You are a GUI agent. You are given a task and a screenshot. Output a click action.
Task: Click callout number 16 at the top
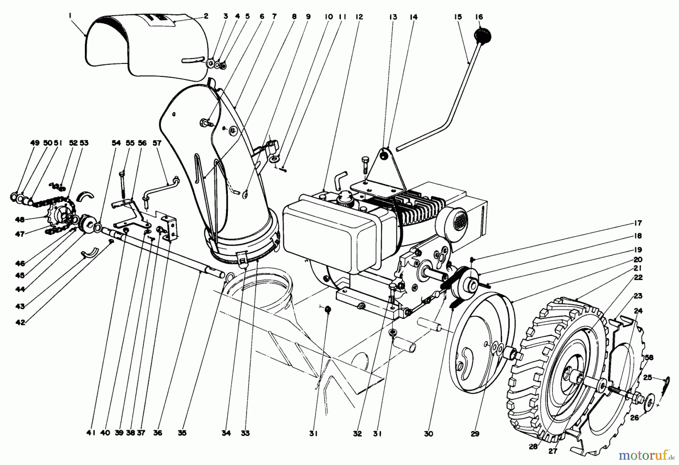tap(479, 17)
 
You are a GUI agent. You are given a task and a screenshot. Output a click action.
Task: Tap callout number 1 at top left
tap(70, 15)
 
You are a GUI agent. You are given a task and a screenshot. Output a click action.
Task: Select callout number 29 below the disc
tap(475, 434)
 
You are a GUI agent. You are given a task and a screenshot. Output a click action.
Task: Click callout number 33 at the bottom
tap(245, 433)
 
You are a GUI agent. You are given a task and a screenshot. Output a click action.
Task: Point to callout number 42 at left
tap(20, 323)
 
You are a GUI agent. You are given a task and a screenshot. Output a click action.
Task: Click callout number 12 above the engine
tap(359, 17)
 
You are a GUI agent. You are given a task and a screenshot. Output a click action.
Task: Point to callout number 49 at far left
tap(34, 143)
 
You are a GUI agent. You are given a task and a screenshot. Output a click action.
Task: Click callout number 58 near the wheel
tap(649, 358)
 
